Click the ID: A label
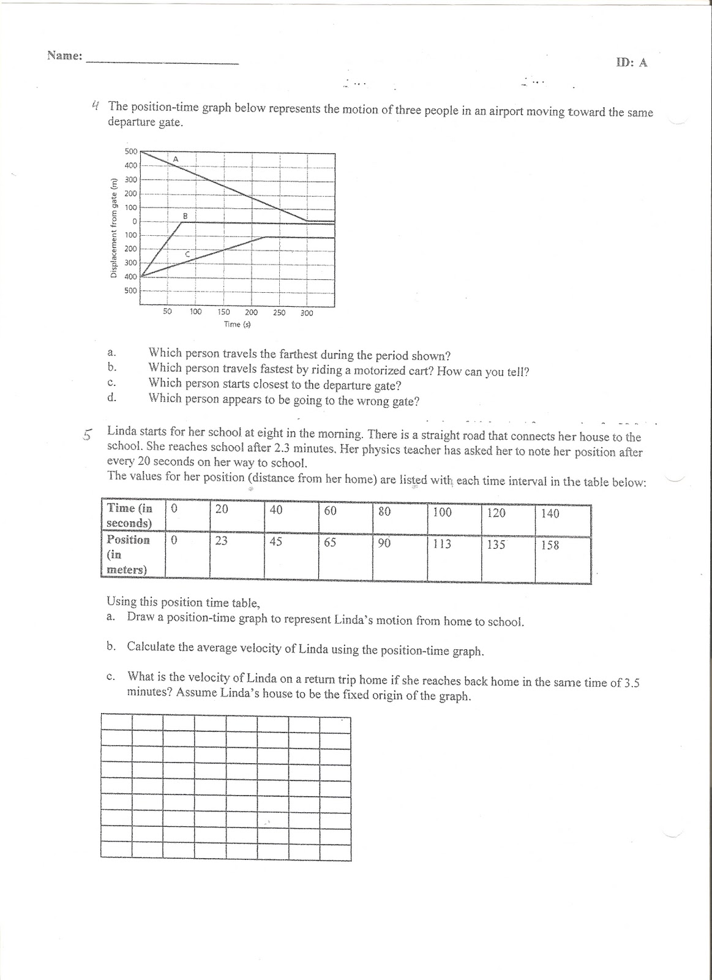631,62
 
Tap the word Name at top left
64,56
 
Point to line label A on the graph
175,159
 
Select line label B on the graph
185,216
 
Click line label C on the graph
188,254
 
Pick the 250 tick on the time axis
279,312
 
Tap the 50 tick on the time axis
167,312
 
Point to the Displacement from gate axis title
114,227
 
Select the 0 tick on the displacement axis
134,221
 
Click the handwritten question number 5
88,435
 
